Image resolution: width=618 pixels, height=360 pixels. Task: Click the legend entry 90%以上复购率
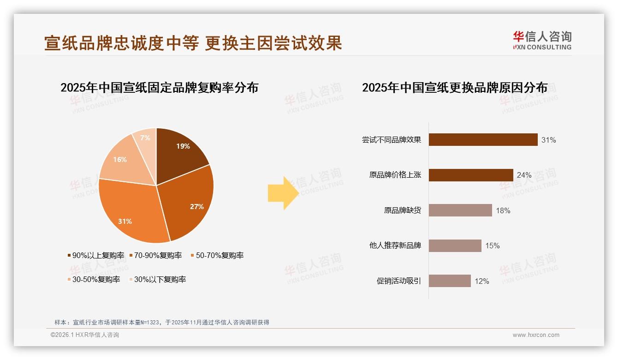tap(96, 255)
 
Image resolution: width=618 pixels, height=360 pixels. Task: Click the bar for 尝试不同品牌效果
tap(483, 139)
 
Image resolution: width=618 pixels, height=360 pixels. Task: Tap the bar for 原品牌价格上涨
tap(471, 175)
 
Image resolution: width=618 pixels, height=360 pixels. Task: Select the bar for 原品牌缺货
tap(460, 210)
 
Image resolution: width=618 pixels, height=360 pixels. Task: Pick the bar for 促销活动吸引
tap(450, 281)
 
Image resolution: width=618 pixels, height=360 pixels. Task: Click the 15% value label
tap(492, 246)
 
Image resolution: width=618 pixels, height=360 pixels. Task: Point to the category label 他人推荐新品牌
tap(395, 246)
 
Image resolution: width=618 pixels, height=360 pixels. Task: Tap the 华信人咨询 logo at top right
tap(542, 40)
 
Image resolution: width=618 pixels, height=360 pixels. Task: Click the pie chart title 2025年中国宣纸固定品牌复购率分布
tap(159, 87)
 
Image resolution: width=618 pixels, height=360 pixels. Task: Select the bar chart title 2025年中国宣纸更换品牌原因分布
tap(454, 87)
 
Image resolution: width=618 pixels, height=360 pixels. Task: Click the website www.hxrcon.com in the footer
tap(536, 335)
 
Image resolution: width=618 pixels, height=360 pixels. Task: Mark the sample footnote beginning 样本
tap(161, 323)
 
